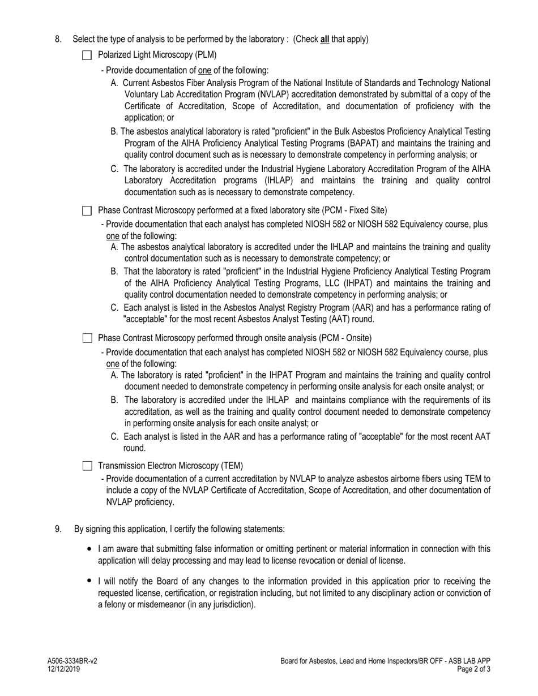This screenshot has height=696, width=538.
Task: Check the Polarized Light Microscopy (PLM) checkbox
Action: pyautogui.click(x=87, y=55)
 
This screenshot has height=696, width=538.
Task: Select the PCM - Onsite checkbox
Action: pyautogui.click(x=87, y=338)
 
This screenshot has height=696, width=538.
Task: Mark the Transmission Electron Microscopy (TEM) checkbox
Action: pyautogui.click(x=87, y=466)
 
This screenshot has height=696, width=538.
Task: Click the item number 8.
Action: pyautogui.click(x=58, y=39)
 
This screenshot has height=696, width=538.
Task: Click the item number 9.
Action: pyautogui.click(x=58, y=529)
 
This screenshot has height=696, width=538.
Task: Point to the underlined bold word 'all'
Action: pyautogui.click(x=324, y=39)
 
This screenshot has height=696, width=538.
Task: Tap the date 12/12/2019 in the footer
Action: pyautogui.click(x=63, y=669)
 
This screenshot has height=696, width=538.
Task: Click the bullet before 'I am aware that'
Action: pyautogui.click(x=89, y=549)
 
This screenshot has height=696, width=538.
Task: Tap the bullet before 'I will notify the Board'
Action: pyautogui.click(x=89, y=581)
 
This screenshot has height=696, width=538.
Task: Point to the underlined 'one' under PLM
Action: pyautogui.click(x=204, y=71)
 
